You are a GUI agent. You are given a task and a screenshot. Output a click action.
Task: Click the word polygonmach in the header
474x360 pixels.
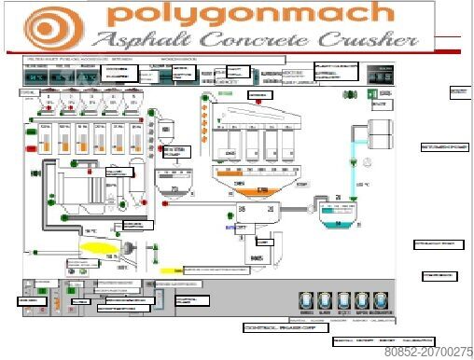250,15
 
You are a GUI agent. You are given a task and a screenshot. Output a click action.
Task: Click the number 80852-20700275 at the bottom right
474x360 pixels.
428,352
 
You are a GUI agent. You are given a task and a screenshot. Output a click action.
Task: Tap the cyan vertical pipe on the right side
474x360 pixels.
354,163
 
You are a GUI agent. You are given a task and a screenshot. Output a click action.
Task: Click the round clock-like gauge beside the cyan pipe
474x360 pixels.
369,162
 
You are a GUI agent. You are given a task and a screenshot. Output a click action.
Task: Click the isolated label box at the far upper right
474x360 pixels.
458,91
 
